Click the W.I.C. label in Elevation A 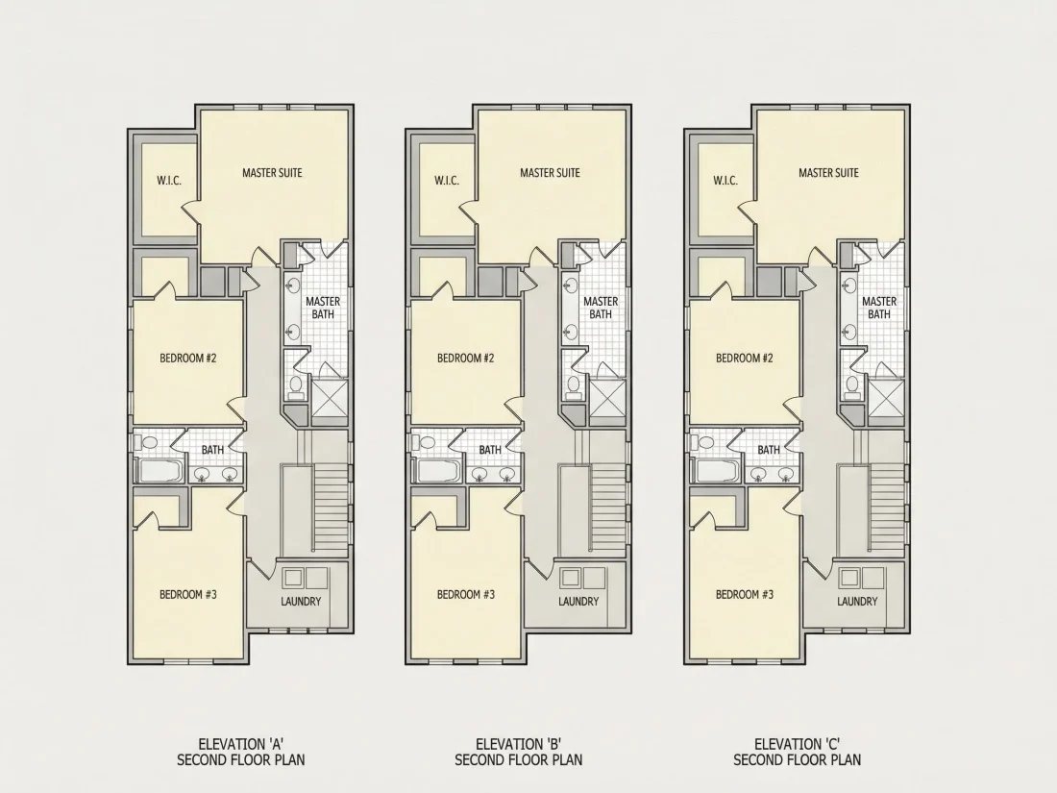169,181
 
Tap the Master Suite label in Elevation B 550,173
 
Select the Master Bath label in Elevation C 879,308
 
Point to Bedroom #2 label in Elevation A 188,359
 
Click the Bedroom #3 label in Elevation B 466,594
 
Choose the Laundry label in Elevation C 857,601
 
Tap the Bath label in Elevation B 490,450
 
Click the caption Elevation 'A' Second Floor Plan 240,752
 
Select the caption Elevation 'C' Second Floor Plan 798,752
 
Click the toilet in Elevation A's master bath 295,385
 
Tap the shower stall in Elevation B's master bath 607,402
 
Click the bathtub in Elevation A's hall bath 160,470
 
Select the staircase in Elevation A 331,508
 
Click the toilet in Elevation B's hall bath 426,442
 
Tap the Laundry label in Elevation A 301,601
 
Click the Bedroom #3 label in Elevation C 745,594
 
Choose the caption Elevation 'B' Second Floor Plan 518,752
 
